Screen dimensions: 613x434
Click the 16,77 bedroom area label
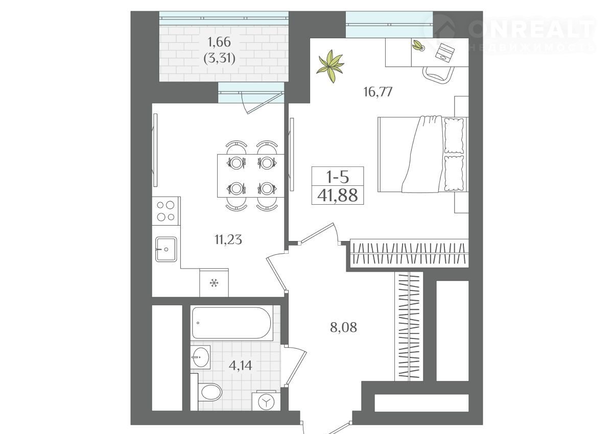378,92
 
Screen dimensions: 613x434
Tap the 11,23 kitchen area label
228,239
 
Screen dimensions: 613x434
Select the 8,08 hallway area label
343,327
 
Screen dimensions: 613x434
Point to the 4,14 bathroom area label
241,366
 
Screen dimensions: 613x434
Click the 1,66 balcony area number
220,42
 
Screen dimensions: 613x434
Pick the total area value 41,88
338,195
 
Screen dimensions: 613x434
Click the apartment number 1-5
338,177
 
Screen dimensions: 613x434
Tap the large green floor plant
331,66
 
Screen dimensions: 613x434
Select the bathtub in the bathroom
232,323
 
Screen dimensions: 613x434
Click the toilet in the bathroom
209,393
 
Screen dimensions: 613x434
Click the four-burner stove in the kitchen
166,211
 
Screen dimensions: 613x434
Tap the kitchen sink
166,249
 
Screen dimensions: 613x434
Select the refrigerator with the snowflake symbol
214,282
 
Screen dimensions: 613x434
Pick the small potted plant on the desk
418,45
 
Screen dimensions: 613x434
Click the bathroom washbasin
200,357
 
